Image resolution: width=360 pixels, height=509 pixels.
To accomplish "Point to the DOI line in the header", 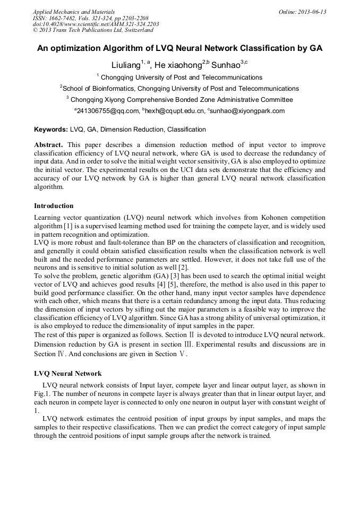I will click(96, 24).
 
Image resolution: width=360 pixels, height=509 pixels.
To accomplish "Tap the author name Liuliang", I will click(125, 65).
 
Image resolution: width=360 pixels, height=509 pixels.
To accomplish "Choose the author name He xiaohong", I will click(178, 65).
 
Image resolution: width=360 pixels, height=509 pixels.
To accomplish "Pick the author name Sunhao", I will click(226, 65).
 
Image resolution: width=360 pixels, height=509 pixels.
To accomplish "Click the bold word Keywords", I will click(50, 130).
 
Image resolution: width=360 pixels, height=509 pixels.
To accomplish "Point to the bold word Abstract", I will click(48, 145).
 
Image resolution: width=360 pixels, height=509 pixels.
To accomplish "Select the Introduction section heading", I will click(54, 206).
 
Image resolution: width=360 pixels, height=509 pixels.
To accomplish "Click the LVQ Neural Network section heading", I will click(68, 374).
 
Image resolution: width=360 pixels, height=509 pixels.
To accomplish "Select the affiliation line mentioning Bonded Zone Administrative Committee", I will click(179, 99).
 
